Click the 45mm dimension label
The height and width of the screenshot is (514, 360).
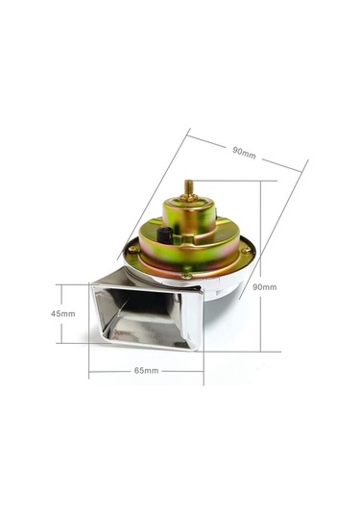(63, 314)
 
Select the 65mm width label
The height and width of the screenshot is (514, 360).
(147, 371)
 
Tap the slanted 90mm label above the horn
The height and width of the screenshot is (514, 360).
(244, 153)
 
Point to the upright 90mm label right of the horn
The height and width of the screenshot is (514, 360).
(265, 287)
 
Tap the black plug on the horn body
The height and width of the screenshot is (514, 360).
(165, 235)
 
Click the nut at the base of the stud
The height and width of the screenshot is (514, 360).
(189, 197)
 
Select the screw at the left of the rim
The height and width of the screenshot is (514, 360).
(133, 250)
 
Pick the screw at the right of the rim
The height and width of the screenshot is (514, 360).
(246, 251)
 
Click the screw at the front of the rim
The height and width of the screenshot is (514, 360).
(187, 276)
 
